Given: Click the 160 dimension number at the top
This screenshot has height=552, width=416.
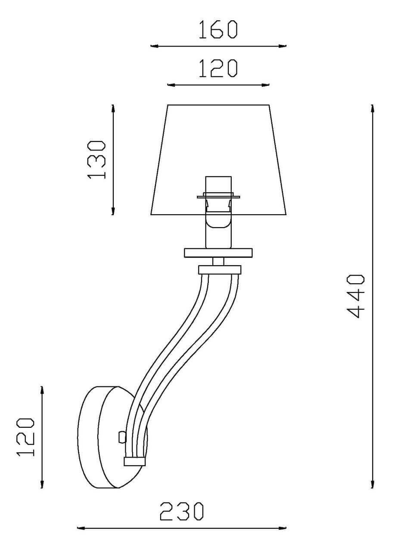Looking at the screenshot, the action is click(x=218, y=30).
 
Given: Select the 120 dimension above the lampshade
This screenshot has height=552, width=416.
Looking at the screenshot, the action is click(x=218, y=69).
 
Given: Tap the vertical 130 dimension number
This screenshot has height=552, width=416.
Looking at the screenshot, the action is click(x=96, y=160).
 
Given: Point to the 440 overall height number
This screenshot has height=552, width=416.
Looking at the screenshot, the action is click(x=355, y=297).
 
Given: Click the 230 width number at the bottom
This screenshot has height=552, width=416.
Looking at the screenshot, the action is click(x=181, y=511).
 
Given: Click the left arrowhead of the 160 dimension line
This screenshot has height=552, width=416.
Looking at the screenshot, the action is click(x=155, y=46).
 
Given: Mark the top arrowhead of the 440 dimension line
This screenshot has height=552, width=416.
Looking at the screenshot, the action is click(x=373, y=108).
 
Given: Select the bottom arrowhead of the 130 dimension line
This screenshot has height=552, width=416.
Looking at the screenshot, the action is click(x=113, y=210).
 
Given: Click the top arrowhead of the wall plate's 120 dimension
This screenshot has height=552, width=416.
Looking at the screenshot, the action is click(x=42, y=391).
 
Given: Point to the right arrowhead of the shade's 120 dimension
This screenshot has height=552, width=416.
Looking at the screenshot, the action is click(x=265, y=85).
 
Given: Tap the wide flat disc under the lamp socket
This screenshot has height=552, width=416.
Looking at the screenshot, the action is click(x=218, y=253).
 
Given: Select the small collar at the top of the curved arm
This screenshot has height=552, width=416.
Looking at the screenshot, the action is click(x=220, y=270).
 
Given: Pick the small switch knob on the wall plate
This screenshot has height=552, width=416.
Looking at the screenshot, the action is click(x=122, y=437).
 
